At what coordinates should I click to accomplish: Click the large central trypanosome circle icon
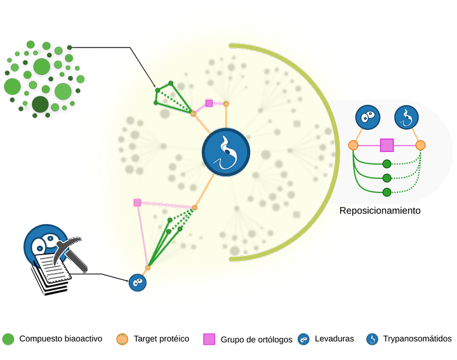(226, 152)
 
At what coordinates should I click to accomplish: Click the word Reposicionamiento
(380, 211)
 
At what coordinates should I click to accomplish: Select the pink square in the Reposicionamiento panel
(387, 145)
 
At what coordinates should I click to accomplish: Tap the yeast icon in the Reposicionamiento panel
(368, 117)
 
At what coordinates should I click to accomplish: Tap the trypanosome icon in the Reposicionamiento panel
(406, 117)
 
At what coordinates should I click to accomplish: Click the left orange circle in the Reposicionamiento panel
(354, 145)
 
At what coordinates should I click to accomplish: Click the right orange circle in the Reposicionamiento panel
(420, 145)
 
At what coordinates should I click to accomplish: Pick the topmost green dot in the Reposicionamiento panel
(387, 164)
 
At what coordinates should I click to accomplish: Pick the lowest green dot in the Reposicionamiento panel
(387, 192)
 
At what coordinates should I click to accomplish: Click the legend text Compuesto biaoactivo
(61, 338)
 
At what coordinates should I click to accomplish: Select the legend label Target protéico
(161, 338)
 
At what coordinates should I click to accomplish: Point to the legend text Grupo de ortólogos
(256, 340)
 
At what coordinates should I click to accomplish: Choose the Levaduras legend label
(334, 338)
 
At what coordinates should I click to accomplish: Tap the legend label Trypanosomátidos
(418, 338)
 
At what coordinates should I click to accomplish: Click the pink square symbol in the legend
(209, 339)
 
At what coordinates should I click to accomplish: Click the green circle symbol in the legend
(8, 339)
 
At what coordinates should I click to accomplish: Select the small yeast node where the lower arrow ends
(138, 283)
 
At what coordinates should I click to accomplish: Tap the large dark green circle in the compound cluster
(40, 104)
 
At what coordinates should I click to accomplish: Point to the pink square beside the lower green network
(137, 203)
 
